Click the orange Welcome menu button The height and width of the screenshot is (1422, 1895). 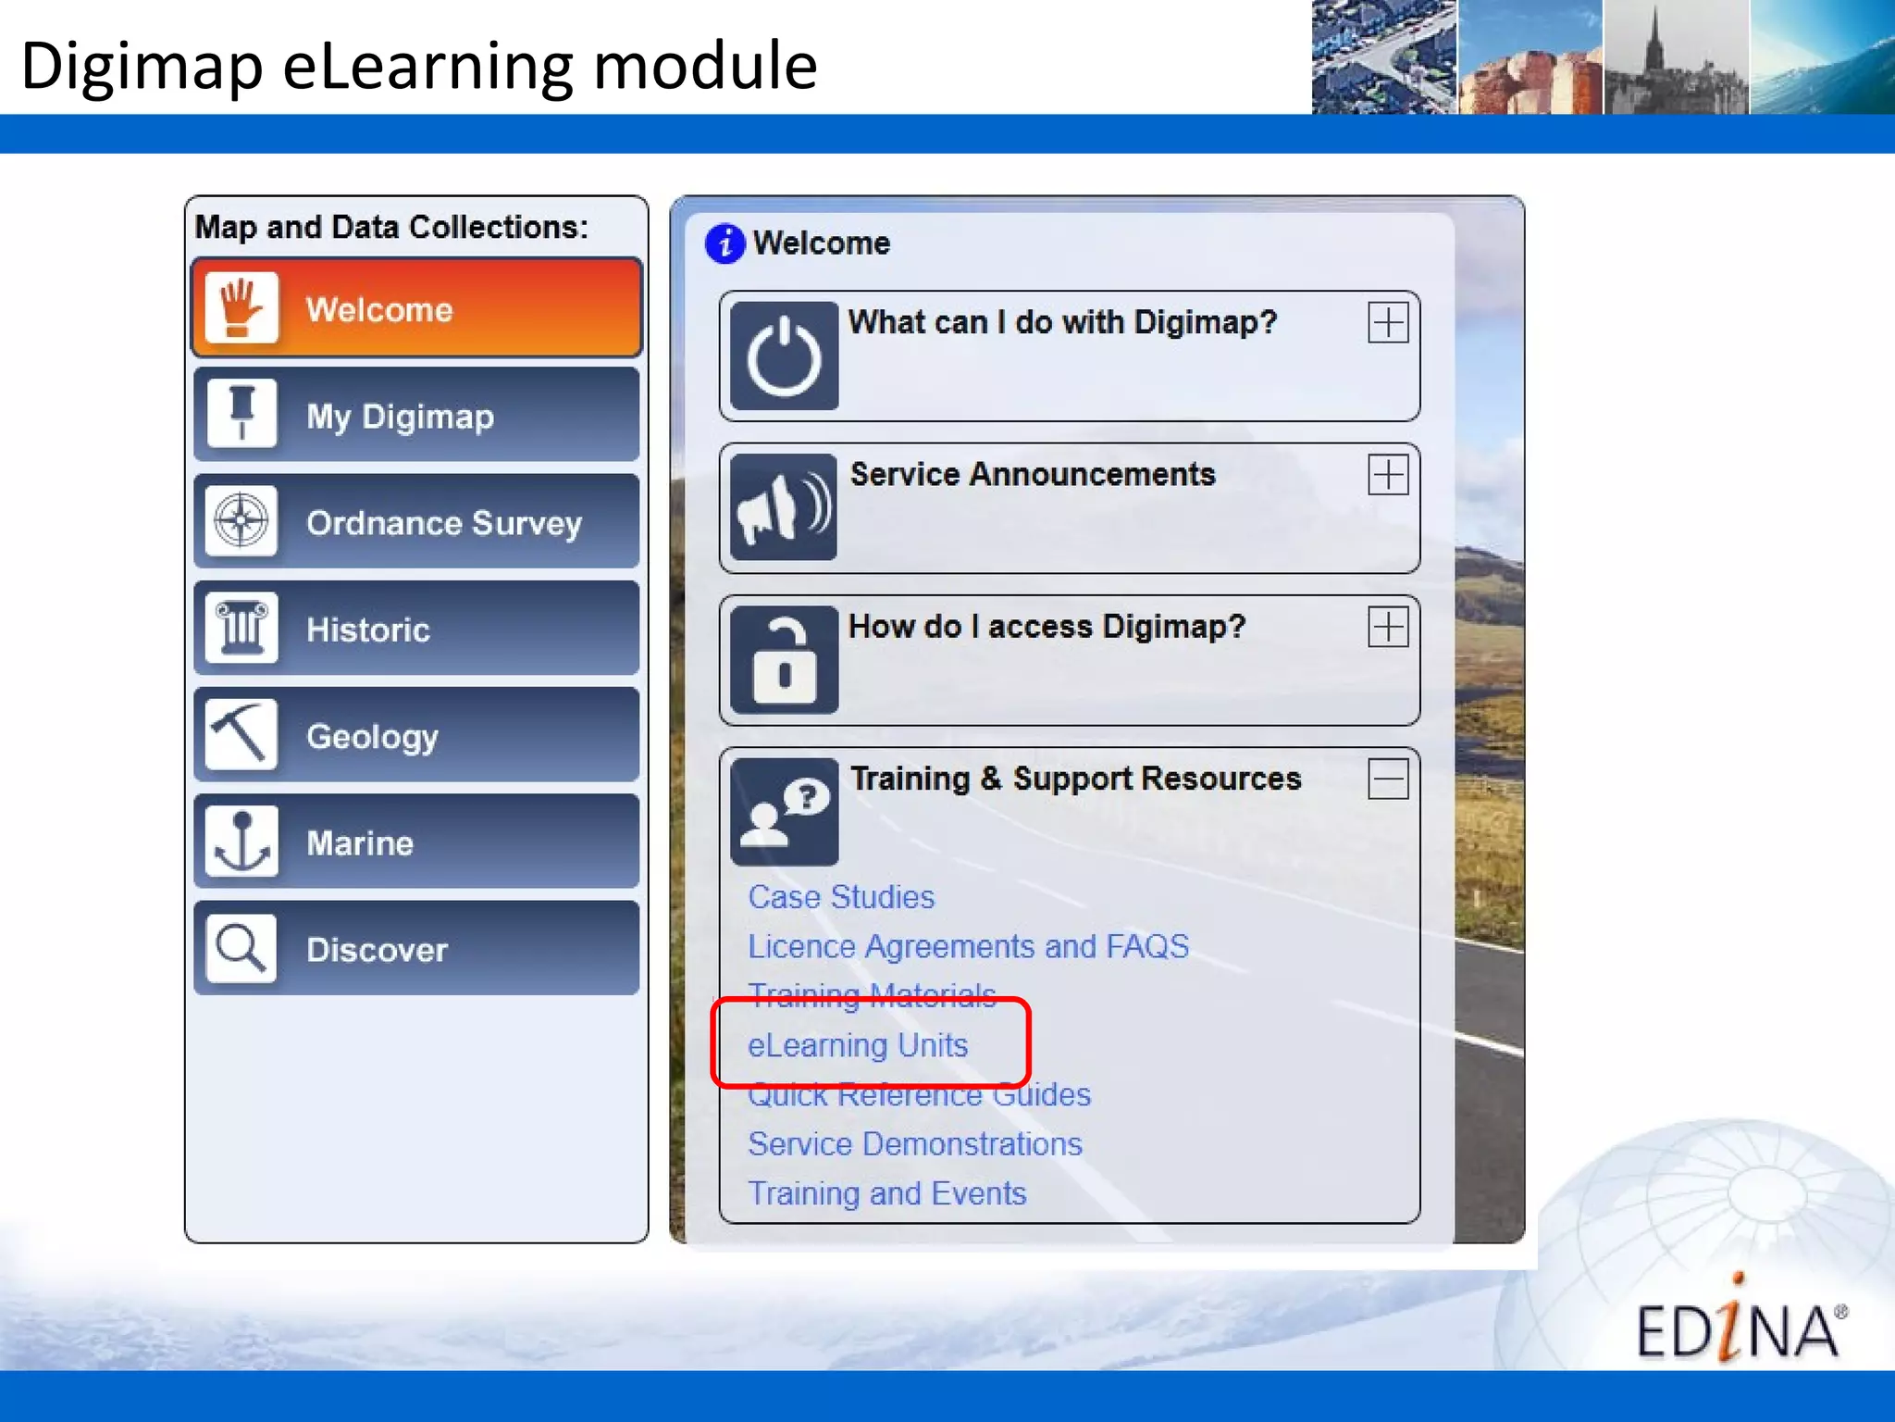click(416, 308)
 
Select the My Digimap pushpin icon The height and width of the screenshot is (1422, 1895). click(242, 414)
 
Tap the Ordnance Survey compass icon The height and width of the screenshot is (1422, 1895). click(242, 521)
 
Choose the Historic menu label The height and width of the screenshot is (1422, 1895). click(368, 630)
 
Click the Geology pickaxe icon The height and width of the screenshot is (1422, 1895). click(242, 735)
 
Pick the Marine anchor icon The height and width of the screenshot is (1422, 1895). click(242, 842)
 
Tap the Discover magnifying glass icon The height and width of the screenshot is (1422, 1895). click(242, 948)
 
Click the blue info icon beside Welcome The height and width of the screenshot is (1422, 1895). click(725, 243)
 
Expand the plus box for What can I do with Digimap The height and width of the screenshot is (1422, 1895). click(1388, 323)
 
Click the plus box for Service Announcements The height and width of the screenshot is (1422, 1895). click(1388, 475)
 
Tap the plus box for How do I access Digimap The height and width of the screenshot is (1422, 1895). click(1388, 628)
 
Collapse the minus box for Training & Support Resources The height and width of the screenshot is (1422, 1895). click(1388, 779)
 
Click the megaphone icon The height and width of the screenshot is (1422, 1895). click(784, 507)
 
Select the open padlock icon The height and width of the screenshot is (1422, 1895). click(784, 659)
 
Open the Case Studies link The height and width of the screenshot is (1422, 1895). click(841, 897)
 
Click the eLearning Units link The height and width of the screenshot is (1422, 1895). click(858, 1045)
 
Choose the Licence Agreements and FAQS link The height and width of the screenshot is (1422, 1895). click(968, 946)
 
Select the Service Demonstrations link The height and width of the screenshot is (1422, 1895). click(915, 1144)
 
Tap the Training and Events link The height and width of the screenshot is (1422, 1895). click(887, 1193)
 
